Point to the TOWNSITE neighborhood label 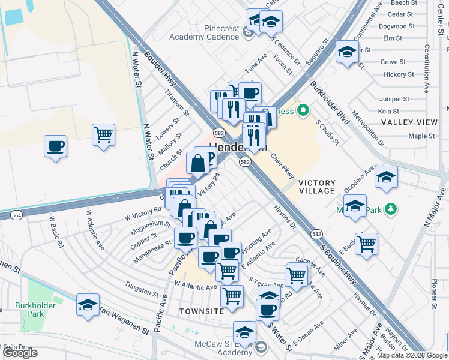pyautogui.click(x=202, y=311)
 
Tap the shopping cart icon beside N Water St pyautogui.click(x=104, y=134)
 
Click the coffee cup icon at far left pyautogui.click(x=55, y=146)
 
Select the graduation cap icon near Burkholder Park pyautogui.click(x=88, y=304)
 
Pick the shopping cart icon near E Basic pyautogui.click(x=366, y=244)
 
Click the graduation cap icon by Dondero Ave pyautogui.click(x=387, y=177)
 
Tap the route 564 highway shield pyautogui.click(x=16, y=215)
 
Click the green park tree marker pyautogui.click(x=391, y=208)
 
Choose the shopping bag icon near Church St pyautogui.click(x=197, y=162)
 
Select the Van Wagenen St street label pyautogui.click(x=124, y=320)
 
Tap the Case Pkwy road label pyautogui.click(x=282, y=166)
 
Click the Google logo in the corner pyautogui.click(x=20, y=353)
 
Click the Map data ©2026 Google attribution pyautogui.click(x=412, y=355)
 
